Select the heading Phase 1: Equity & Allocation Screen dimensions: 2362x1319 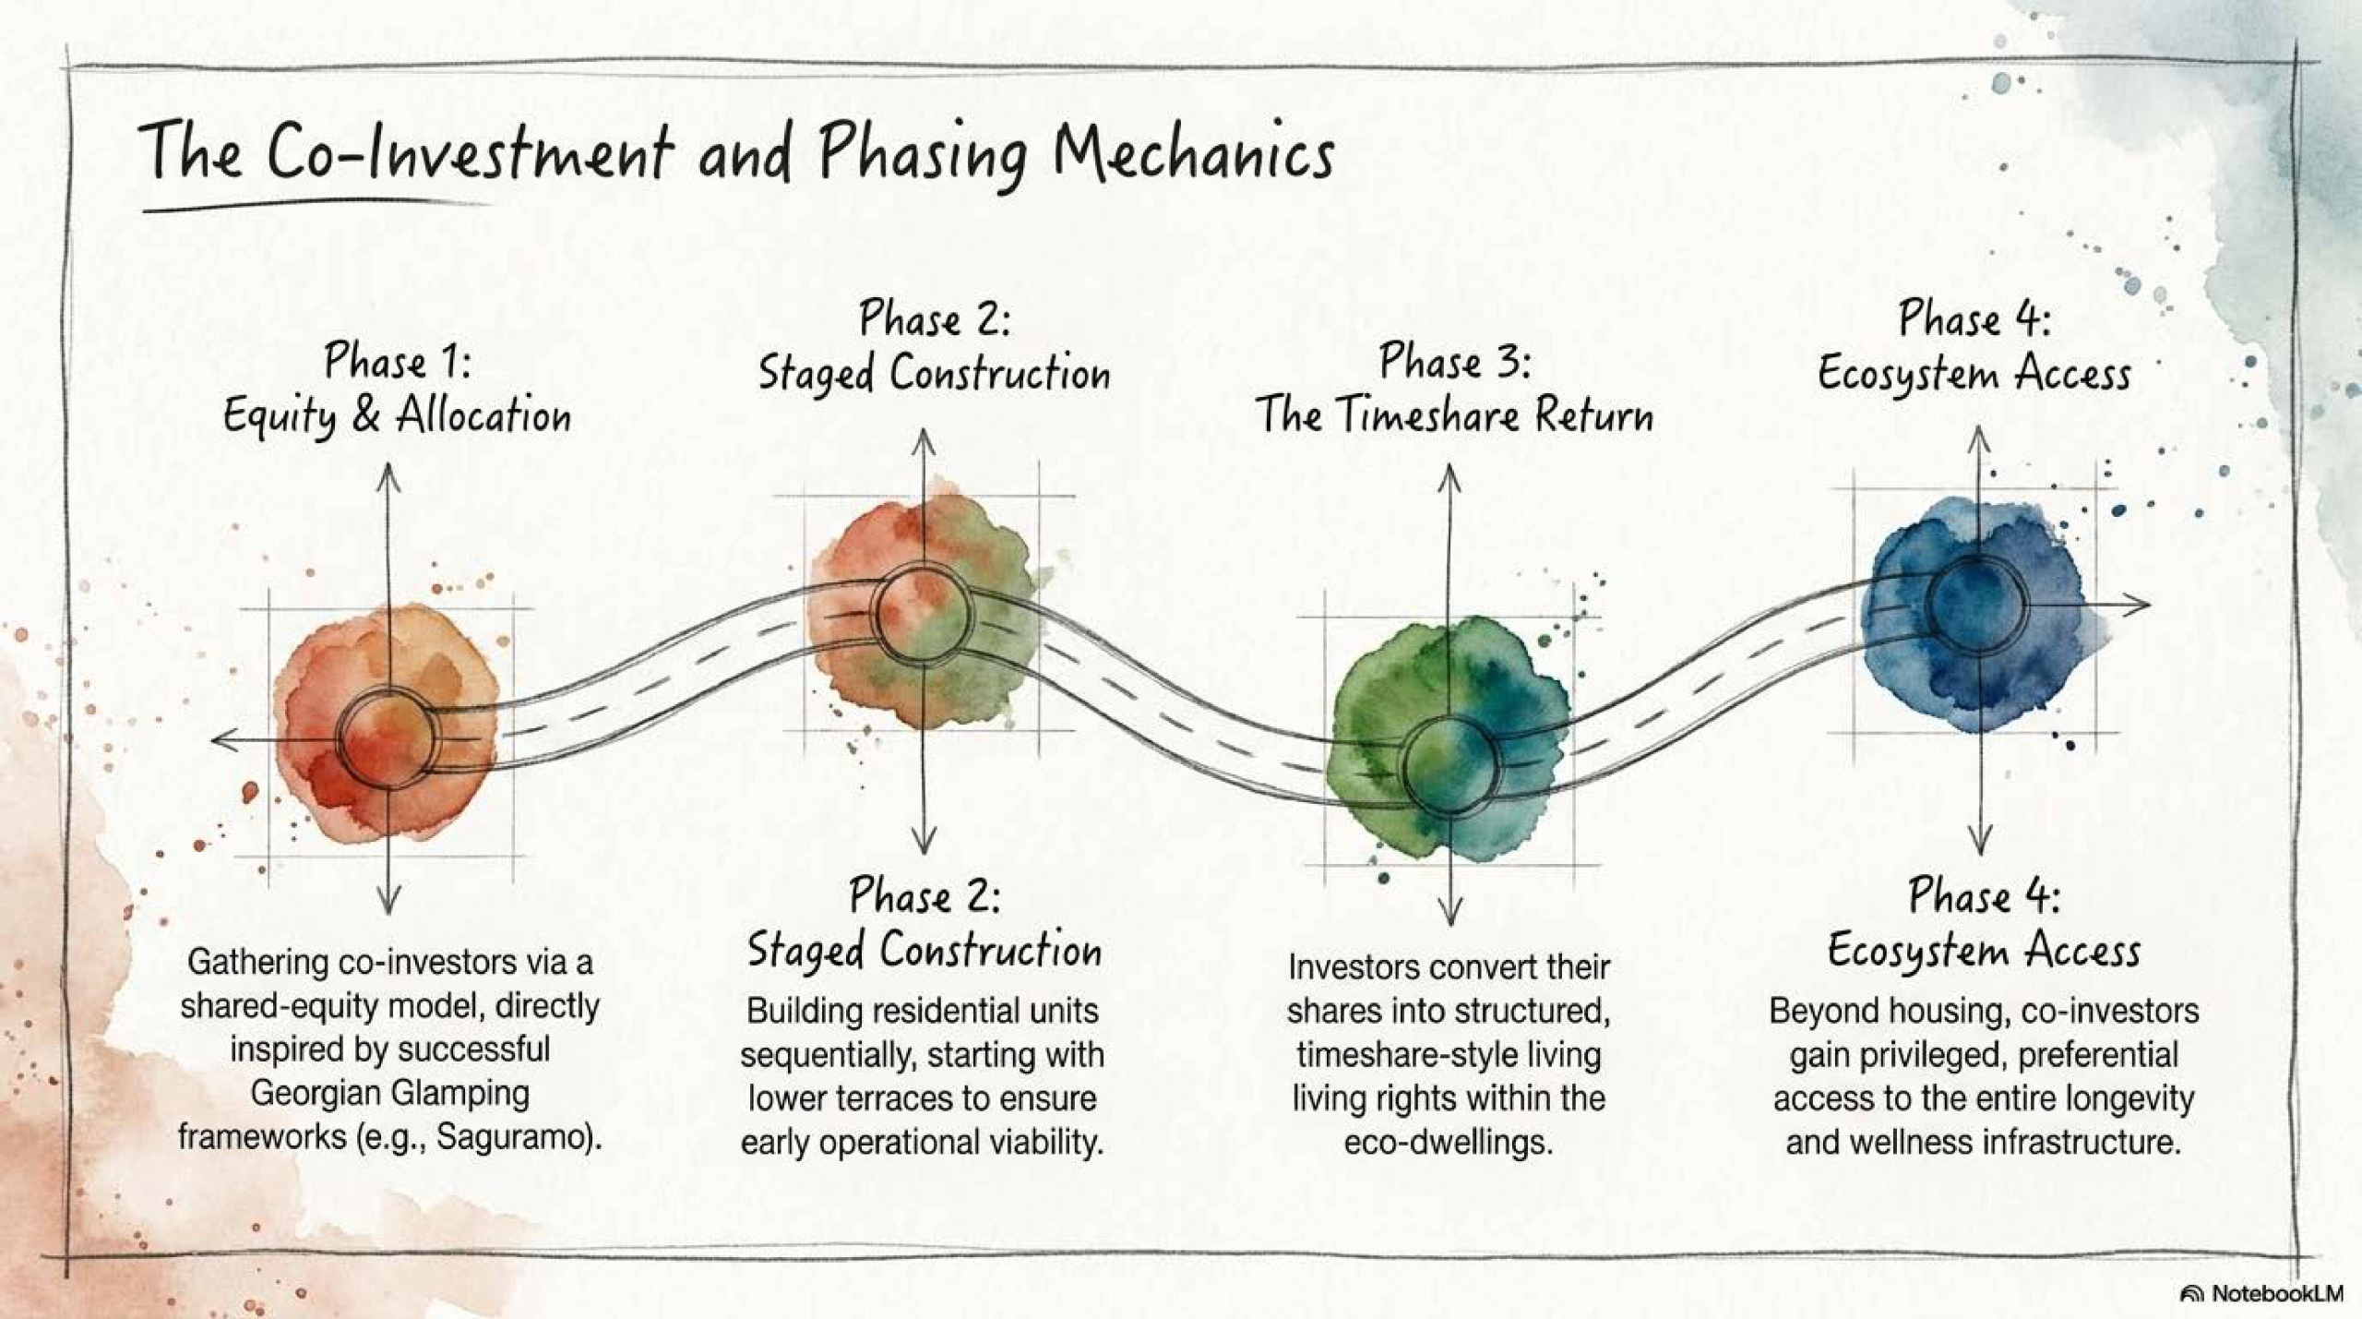397,389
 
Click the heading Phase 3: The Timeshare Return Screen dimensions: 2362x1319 1454,388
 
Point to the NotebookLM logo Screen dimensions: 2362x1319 2261,1293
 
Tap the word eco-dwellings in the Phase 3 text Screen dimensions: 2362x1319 1449,1142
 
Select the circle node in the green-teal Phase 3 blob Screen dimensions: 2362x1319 1449,763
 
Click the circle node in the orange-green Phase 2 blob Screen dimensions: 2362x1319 922,612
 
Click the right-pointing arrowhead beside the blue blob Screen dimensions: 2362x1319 2139,606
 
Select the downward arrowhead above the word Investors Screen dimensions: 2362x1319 1450,912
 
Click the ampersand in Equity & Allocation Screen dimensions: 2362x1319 366,414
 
